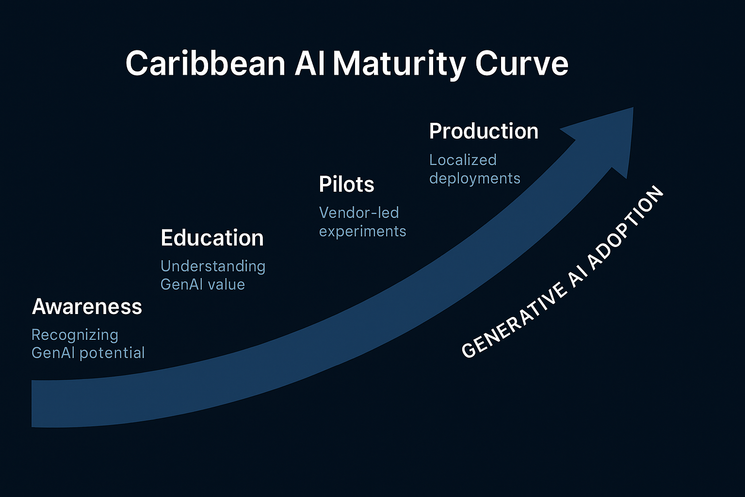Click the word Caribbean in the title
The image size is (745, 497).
[205, 64]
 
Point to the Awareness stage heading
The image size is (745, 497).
[87, 307]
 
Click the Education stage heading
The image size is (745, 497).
[212, 238]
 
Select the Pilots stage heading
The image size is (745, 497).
[346, 184]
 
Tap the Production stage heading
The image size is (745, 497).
[484, 131]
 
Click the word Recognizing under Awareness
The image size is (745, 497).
[75, 335]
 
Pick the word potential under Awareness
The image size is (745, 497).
[112, 353]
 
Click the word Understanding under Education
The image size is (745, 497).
[212, 266]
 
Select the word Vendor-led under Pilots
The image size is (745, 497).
[359, 213]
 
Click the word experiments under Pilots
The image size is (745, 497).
[362, 231]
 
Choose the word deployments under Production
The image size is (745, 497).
[474, 178]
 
